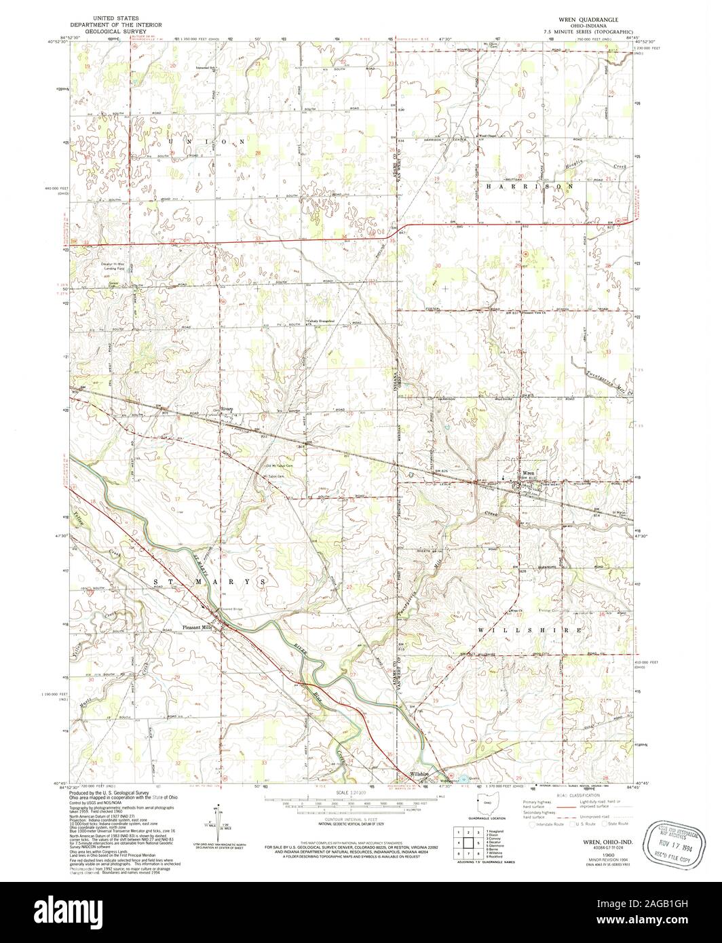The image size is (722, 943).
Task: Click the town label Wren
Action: coord(529,472)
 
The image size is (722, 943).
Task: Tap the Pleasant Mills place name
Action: coord(198,628)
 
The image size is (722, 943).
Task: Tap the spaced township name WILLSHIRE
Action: coord(529,630)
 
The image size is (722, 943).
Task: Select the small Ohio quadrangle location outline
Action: coord(488,803)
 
